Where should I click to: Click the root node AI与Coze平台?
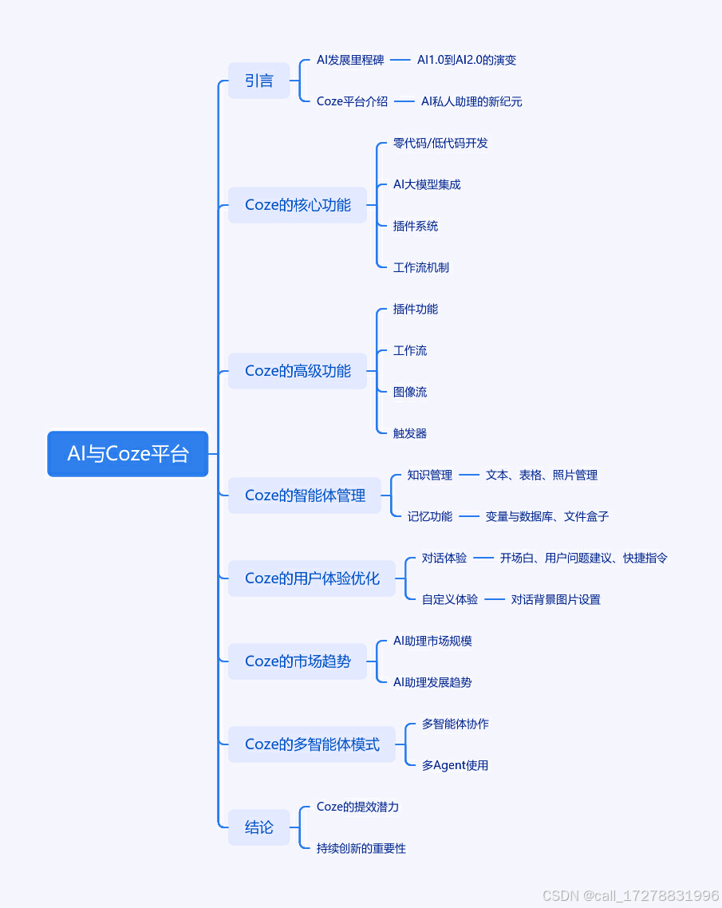pos(128,454)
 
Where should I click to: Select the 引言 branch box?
pos(258,81)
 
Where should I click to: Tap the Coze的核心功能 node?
pos(298,205)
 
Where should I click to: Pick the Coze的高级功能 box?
pos(298,371)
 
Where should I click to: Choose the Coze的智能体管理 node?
pos(305,495)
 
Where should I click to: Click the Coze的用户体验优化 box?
pos(312,578)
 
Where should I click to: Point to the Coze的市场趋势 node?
pos(298,661)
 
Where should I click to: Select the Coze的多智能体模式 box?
pos(312,744)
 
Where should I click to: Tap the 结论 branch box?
pos(258,827)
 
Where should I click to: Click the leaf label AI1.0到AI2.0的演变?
pos(467,60)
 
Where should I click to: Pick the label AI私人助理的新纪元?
pos(471,101)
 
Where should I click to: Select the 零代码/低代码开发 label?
pos(440,143)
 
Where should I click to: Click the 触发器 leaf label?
pos(410,433)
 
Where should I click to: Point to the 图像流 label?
pos(410,392)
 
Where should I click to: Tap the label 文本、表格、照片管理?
pos(541,475)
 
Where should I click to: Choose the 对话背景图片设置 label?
pos(555,599)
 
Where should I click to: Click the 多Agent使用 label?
pos(455,765)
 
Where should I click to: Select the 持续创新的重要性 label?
pos(361,848)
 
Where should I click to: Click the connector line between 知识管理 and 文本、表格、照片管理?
pos(469,475)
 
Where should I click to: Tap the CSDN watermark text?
pos(630,896)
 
